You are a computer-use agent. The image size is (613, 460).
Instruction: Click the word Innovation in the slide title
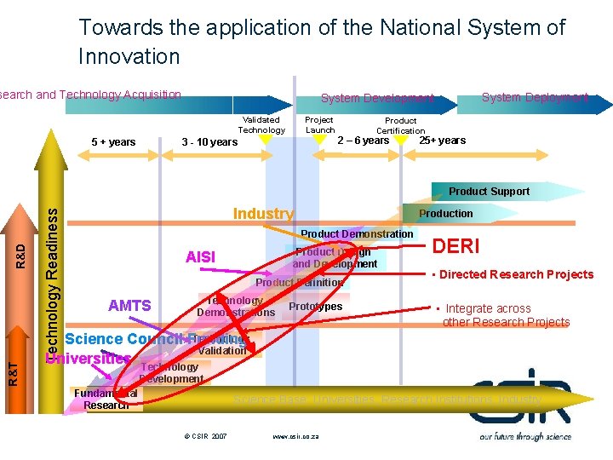129,57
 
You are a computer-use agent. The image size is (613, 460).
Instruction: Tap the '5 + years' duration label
113,141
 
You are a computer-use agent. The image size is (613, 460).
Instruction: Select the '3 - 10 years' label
210,141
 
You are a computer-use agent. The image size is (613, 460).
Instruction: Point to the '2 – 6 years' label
363,141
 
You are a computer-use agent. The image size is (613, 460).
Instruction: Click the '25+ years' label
442,141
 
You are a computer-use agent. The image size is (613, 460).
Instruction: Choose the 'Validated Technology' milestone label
261,124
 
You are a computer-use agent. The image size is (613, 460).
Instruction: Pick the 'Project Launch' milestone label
319,124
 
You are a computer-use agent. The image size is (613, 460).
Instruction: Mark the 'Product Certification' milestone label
400,125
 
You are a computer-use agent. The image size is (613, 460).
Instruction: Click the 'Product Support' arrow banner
489,192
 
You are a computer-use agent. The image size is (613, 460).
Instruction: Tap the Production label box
445,214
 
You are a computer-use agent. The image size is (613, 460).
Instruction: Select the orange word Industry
263,214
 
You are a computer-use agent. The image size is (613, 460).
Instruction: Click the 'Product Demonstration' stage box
357,234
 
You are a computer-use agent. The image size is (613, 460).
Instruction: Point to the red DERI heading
456,246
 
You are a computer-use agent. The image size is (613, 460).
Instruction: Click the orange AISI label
201,257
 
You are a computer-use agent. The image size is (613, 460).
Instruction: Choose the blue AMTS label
129,306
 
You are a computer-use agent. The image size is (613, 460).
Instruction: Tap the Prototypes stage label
315,307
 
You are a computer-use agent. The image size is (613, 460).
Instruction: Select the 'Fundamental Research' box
106,399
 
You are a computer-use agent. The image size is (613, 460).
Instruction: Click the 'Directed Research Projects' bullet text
516,274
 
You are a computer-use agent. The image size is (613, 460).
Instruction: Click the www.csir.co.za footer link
296,436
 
